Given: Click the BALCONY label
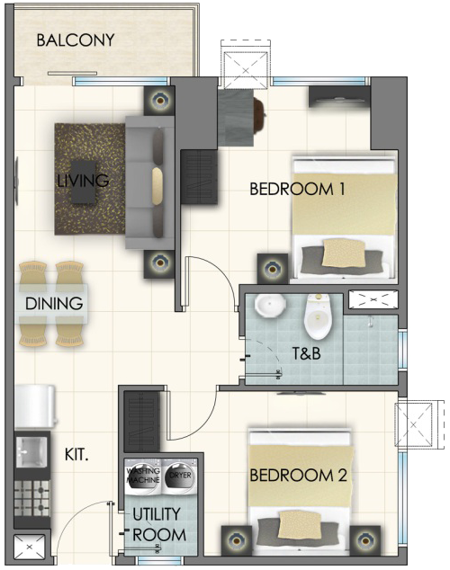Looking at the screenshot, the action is point(76,40).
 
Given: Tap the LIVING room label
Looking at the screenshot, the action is point(83,181).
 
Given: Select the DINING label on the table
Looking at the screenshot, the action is point(54,304).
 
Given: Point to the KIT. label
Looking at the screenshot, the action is point(76,455).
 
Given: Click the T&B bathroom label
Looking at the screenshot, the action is point(307,353).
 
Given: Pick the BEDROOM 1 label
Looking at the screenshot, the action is point(297,190).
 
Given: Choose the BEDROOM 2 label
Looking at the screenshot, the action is point(298,476).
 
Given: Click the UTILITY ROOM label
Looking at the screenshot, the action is point(159,524).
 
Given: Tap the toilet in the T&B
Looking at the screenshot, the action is point(318,316).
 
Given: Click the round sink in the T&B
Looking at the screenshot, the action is point(270,306).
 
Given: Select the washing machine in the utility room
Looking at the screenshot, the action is point(143,476).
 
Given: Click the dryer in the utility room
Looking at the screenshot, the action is point(180,476).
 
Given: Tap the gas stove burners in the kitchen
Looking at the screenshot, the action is point(31,498).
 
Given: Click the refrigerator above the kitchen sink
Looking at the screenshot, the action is point(35,406).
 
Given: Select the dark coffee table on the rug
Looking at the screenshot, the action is point(84,182).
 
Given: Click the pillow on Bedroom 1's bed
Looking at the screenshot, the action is point(344,253).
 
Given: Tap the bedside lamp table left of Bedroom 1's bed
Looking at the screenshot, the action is point(273,269).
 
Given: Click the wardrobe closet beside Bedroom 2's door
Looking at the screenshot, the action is point(141,422).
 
